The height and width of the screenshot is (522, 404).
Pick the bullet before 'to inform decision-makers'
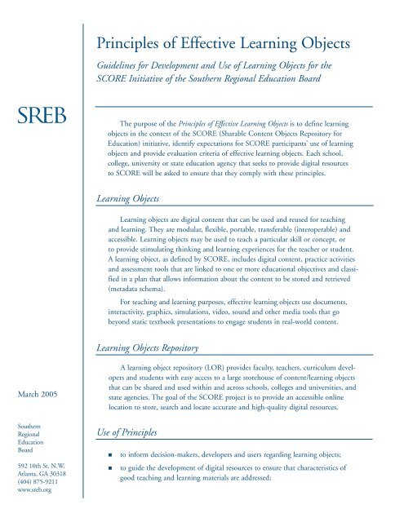click(x=121, y=475)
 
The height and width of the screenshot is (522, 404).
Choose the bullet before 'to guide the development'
click(x=121, y=493)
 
